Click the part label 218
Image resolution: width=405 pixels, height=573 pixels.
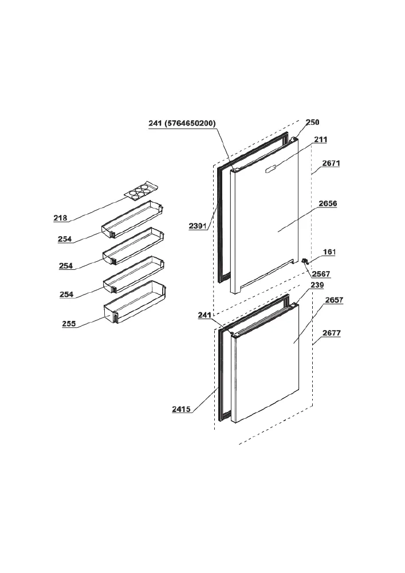pos(60,218)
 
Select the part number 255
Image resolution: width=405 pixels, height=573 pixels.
pos(69,323)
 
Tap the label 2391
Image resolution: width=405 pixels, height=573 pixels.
pos(198,226)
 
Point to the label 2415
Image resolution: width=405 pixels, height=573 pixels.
pos(182,409)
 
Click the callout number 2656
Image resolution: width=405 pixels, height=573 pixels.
pos(328,203)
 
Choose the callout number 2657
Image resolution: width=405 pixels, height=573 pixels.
pos(334,300)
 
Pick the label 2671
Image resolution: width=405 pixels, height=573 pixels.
pos(331,163)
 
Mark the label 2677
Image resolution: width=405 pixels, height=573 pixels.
pos(332,333)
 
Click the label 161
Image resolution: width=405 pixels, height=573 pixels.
pos(329,252)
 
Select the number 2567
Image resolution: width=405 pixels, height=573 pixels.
pos(321,274)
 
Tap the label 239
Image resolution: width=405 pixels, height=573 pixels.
pos(317,285)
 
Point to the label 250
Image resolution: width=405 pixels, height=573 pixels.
pos(312,122)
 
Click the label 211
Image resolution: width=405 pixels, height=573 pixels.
pos(321,139)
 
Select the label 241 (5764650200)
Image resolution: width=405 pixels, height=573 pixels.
pos(182,123)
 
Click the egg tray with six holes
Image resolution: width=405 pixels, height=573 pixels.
pos(140,190)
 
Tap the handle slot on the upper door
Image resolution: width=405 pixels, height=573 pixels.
pos(272,167)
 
